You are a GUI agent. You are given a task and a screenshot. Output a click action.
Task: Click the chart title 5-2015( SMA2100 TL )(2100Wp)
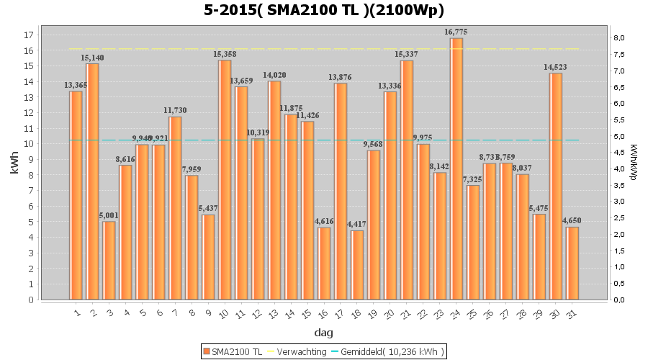[x=323, y=10]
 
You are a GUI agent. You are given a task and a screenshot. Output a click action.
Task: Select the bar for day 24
[x=456, y=168]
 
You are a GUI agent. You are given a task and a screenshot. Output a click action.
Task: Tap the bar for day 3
[x=109, y=260]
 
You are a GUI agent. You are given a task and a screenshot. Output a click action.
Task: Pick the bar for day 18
[x=357, y=265]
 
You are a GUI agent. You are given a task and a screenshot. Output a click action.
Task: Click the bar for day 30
[x=556, y=186]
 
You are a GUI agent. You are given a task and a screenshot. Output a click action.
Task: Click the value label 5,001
[x=109, y=215]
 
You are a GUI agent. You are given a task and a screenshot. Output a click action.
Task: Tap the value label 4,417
[x=357, y=225]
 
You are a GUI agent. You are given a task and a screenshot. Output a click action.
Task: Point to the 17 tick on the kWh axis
[x=30, y=35]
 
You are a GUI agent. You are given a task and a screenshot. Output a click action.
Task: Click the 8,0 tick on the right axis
[x=619, y=37]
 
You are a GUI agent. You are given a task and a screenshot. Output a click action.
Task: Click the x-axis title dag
[x=323, y=333]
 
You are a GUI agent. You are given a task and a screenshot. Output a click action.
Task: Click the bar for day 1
[x=76, y=195]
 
